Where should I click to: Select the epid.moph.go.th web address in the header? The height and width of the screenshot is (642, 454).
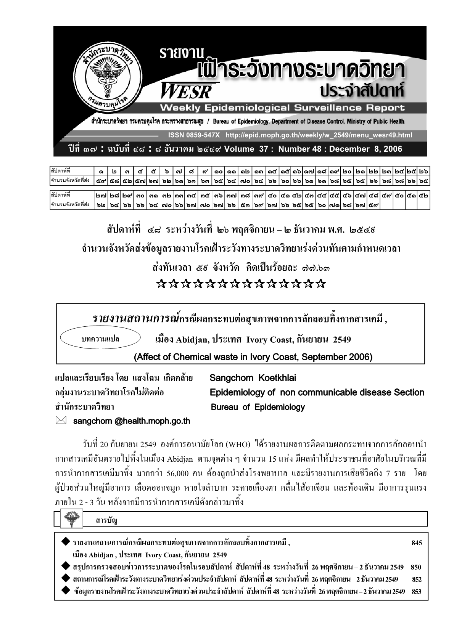pyautogui.click(x=319, y=135)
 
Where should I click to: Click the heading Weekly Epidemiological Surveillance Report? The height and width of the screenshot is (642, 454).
pyautogui.click(x=282, y=108)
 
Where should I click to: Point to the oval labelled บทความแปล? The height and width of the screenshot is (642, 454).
pyautogui.click(x=101, y=339)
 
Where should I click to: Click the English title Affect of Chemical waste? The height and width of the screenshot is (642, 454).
pyautogui.click(x=253, y=357)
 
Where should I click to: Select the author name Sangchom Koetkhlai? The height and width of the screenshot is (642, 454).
pyautogui.click(x=253, y=378)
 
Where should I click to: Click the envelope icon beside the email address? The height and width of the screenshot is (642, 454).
pyautogui.click(x=62, y=420)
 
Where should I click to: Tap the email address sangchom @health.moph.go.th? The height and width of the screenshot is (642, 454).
pyautogui.click(x=131, y=421)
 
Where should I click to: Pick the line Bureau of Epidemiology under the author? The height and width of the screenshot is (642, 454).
pyautogui.click(x=258, y=407)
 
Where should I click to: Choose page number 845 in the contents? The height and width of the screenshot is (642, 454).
pyautogui.click(x=417, y=543)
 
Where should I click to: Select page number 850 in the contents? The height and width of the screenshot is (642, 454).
pyautogui.click(x=416, y=567)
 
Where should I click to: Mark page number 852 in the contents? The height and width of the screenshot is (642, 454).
pyautogui.click(x=417, y=579)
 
